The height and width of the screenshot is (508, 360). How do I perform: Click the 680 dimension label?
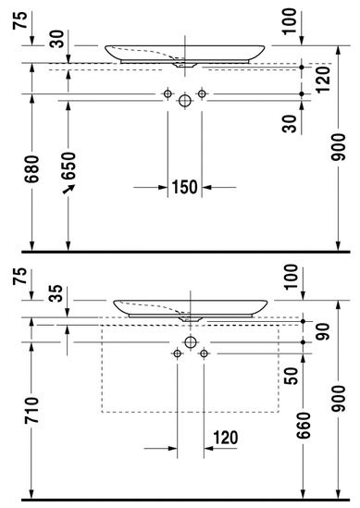coord(32,169)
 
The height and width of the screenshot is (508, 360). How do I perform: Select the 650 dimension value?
coord(68,166)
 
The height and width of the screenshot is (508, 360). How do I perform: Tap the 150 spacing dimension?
coord(184,187)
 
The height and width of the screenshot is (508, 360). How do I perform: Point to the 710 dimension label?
coord(32,410)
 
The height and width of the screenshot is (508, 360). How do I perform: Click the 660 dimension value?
coord(304,426)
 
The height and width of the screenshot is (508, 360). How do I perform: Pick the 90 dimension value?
coord(322,331)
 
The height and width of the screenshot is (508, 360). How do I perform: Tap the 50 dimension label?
coord(291,376)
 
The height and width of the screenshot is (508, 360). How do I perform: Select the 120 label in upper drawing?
coord(323,80)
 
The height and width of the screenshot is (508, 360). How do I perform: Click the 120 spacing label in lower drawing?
coord(226,438)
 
